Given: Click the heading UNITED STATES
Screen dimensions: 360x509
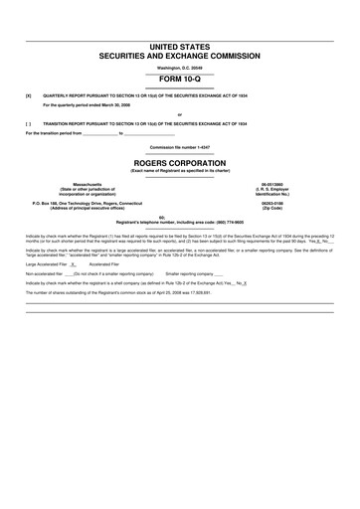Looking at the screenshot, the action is (x=180, y=48).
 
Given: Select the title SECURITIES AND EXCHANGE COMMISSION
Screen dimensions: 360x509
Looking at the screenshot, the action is (x=180, y=57).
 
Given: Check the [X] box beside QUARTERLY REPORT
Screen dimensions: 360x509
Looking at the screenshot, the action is (x=29, y=95).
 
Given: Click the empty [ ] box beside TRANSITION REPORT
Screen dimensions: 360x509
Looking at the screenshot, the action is (x=29, y=122).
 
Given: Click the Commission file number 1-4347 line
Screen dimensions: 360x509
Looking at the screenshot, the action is (x=180, y=146).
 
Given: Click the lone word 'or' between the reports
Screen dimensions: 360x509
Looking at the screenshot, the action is (x=180, y=114).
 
